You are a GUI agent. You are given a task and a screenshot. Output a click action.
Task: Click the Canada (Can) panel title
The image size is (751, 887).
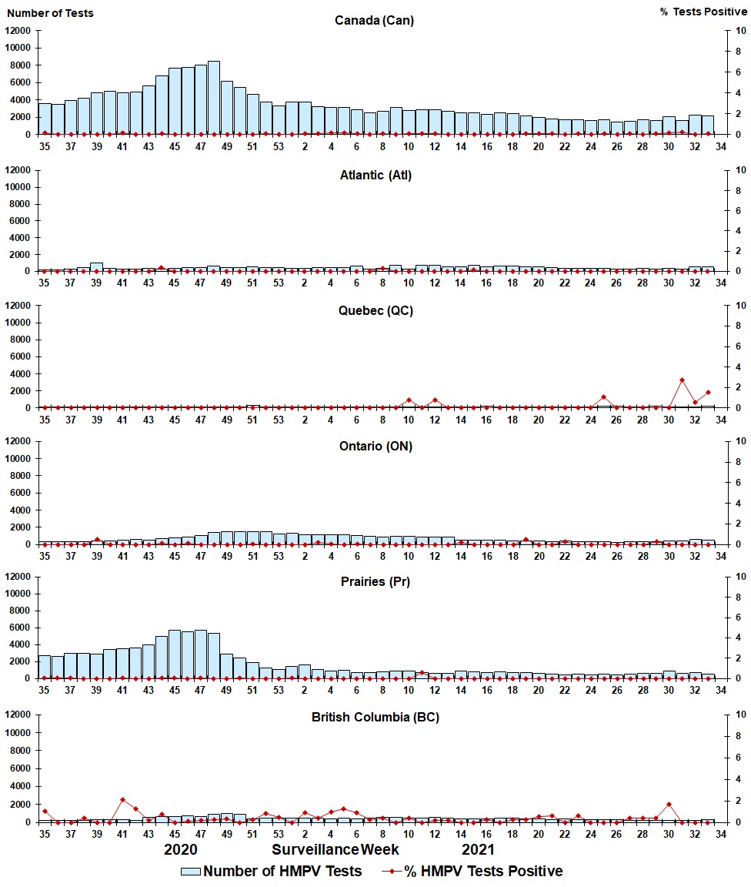[x=375, y=21]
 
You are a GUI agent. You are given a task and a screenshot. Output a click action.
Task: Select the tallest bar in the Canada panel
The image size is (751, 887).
[x=214, y=98]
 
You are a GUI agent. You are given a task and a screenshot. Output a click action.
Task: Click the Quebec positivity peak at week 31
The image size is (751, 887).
[x=682, y=380]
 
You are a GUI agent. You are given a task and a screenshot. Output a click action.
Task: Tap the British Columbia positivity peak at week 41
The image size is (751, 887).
[x=122, y=800]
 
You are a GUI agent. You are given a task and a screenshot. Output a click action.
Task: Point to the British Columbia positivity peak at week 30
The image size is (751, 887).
[x=669, y=805]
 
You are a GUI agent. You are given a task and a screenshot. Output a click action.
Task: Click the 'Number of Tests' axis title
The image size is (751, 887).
[x=51, y=13]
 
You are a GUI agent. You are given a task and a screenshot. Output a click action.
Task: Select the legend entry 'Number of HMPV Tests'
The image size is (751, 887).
[x=271, y=872]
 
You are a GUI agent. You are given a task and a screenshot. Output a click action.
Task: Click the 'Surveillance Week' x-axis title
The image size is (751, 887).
[x=335, y=850]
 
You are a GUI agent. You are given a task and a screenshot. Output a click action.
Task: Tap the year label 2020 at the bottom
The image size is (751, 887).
[x=181, y=850]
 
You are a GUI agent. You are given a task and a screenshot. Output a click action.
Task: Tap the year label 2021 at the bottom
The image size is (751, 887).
[x=477, y=850]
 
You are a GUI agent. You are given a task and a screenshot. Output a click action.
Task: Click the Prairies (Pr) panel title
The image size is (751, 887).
[x=375, y=582]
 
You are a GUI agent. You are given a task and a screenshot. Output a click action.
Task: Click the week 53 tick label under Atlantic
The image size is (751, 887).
[x=279, y=283]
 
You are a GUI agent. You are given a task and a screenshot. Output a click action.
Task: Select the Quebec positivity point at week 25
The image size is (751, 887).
[x=604, y=397]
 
